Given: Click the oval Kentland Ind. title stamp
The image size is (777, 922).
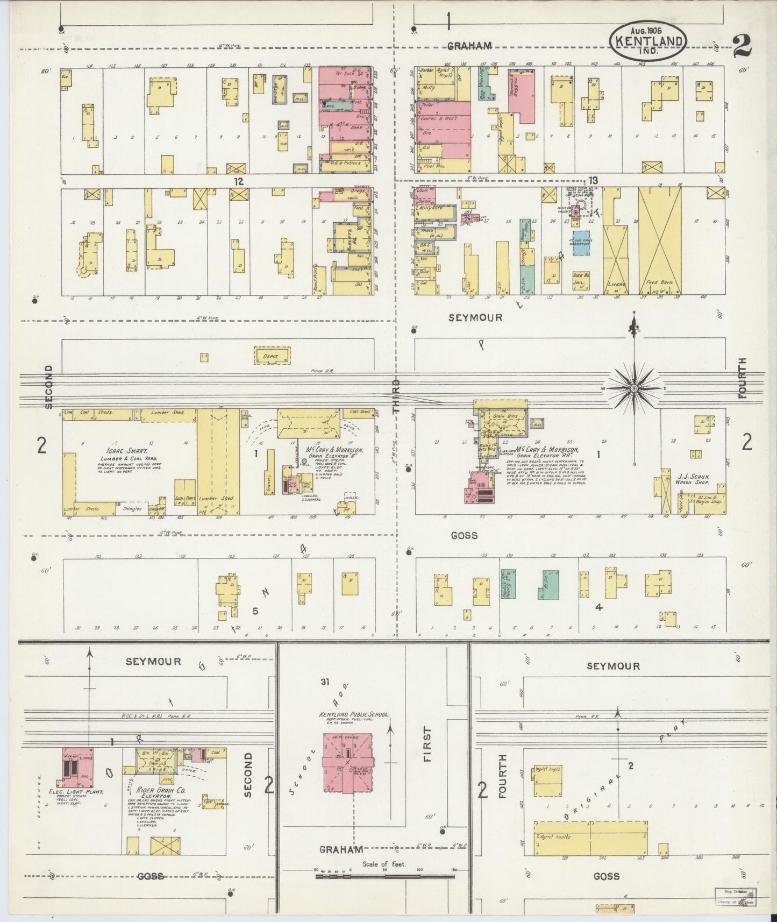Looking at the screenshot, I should [648, 41].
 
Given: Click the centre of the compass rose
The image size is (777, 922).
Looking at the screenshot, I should [634, 388].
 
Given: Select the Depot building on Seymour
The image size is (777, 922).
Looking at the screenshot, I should [272, 356].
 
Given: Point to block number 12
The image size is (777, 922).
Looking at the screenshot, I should [238, 181].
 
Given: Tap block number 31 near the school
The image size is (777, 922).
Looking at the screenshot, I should [324, 682].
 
